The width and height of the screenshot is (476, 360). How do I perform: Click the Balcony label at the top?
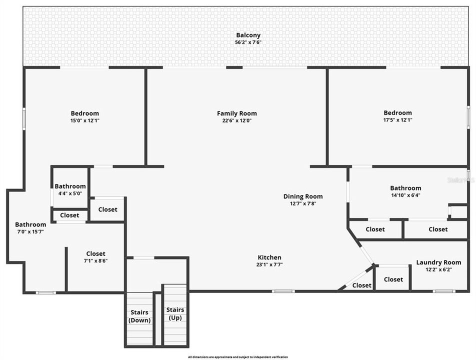248,35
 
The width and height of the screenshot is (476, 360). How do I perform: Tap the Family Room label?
236,113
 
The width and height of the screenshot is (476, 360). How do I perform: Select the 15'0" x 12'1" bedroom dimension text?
84,120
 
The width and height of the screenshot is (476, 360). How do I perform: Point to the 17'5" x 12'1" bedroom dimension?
397,120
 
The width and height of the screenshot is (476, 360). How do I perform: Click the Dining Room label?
303,196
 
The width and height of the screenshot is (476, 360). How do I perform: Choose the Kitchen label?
269,257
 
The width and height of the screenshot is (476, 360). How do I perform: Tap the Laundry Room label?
438,262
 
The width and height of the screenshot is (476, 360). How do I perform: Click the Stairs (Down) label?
139,316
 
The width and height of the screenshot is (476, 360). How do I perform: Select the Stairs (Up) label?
175,313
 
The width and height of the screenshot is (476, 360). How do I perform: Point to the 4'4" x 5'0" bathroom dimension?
70,193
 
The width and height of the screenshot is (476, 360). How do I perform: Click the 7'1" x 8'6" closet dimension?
95,260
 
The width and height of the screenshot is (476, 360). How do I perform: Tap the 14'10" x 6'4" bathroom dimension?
405,195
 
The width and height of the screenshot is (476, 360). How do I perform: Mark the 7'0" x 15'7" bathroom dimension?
30,231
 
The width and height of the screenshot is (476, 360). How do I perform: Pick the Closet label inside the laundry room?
393,279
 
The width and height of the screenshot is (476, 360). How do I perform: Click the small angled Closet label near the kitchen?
361,285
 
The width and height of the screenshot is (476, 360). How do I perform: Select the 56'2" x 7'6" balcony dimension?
248,42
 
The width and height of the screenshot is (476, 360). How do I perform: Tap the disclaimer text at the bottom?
237,357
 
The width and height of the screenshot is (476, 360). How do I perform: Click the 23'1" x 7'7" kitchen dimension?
269,264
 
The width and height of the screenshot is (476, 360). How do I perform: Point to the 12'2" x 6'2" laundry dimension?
438,269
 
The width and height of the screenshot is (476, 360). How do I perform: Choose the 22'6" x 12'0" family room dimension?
236,120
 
